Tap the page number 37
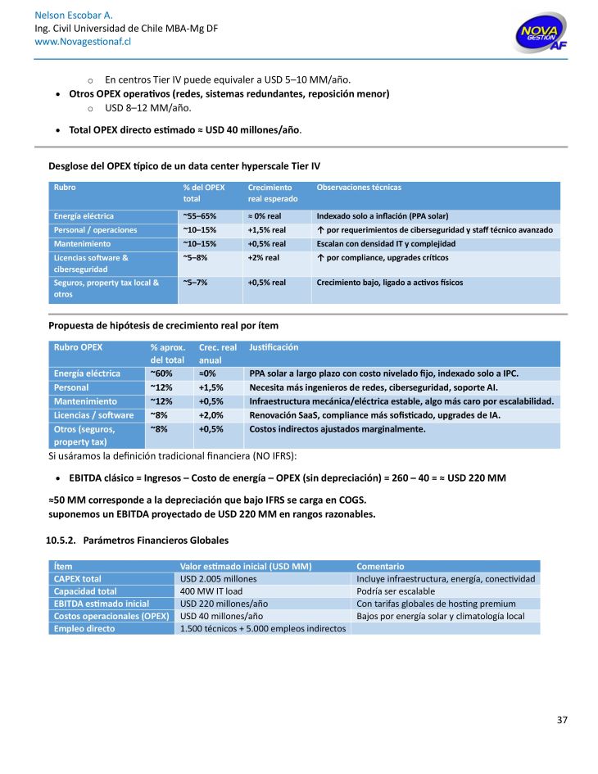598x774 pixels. coord(562,720)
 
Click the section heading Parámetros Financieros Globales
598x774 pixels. coord(155,541)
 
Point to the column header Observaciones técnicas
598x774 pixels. coord(358,188)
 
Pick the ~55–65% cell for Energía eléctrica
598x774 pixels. coord(199,216)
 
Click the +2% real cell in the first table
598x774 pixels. coord(263,257)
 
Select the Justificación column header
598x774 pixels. coord(274,347)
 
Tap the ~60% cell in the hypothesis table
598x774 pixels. coord(161,373)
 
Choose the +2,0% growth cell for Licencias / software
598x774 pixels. coord(211,415)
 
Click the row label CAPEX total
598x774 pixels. coord(78,579)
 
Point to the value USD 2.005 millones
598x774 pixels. coord(218,579)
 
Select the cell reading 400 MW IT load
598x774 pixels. coord(211,591)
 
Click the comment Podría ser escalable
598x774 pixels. coord(396,591)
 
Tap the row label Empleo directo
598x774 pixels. coord(84,628)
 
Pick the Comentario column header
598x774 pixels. coord(380,566)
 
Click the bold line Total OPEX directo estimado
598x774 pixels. coord(185,129)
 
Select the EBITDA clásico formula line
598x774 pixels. coord(288,478)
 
